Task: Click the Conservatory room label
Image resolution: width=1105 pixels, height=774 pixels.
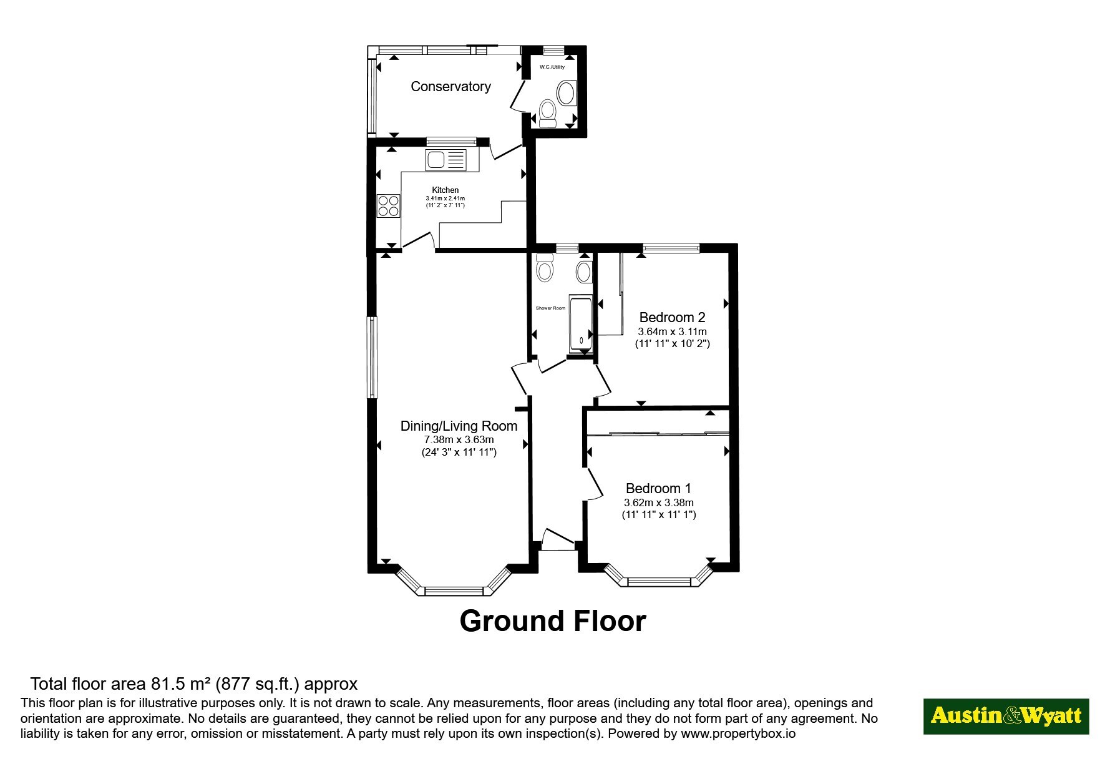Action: coord(450,87)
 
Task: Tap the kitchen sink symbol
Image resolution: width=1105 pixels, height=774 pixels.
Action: coord(445,160)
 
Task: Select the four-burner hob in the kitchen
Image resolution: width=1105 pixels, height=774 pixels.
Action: coord(388,206)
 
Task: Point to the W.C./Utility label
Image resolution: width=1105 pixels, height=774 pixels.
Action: coord(552,67)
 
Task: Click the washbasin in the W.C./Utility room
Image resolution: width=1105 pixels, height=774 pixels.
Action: coord(567,93)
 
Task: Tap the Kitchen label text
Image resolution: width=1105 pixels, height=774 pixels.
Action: coord(445,190)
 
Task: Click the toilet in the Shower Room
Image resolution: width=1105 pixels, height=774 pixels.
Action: coord(545,268)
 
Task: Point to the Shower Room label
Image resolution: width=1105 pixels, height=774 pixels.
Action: coord(550,308)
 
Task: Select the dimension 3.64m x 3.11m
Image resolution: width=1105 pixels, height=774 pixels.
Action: coord(672,331)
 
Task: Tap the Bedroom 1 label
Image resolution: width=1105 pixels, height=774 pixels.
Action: coord(658,488)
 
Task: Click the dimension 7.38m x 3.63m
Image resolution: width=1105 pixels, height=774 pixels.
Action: coord(459,439)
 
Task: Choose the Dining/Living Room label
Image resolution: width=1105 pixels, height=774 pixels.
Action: coord(459,426)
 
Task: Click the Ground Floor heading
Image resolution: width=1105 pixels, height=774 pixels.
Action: coord(553,621)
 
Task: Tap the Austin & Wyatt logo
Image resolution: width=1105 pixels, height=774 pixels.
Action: coord(1006,716)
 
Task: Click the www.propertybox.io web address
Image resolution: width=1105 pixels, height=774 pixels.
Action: coord(738,734)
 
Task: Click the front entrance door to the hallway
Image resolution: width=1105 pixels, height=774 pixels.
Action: coord(558,541)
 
